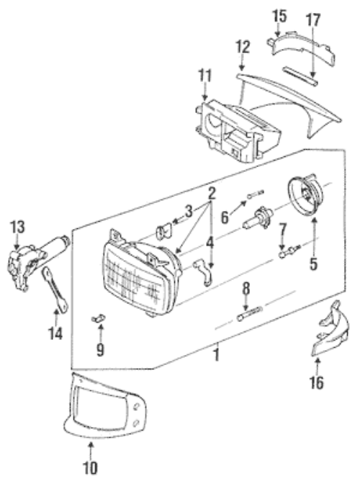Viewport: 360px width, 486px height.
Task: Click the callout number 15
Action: click(x=279, y=16)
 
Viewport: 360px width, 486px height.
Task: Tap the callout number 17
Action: click(x=312, y=20)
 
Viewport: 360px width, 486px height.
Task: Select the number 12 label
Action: click(x=243, y=47)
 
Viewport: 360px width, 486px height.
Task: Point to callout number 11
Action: click(x=205, y=76)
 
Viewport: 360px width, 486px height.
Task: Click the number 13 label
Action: click(x=17, y=227)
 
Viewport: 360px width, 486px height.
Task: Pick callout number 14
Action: click(x=55, y=333)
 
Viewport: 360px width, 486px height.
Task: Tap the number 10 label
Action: click(x=90, y=468)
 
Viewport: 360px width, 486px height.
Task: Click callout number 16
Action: click(x=316, y=382)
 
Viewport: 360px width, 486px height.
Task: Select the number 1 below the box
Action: click(x=217, y=354)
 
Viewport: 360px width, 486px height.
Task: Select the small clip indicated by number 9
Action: click(x=98, y=318)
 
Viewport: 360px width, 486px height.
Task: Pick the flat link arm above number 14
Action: click(x=55, y=289)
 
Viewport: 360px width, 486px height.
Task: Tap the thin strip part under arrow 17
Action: click(x=300, y=76)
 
